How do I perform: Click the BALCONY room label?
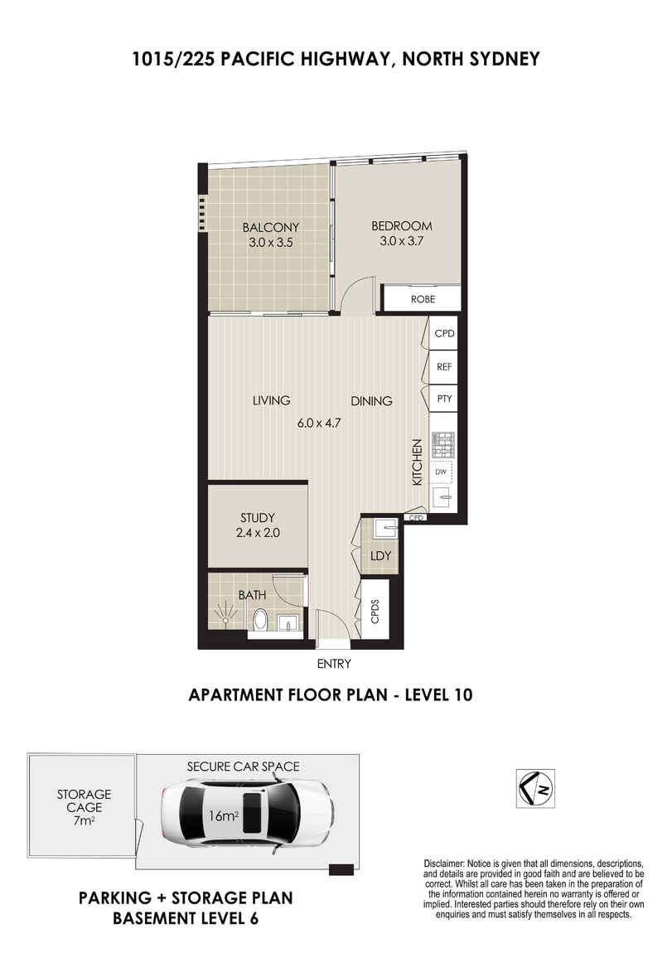click(x=271, y=227)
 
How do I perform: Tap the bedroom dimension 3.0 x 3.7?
click(x=402, y=240)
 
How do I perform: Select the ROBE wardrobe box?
click(x=423, y=299)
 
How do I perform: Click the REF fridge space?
click(x=444, y=367)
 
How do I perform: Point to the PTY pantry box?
click(x=444, y=399)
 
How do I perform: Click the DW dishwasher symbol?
click(x=441, y=472)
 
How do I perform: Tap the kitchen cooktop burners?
click(x=443, y=444)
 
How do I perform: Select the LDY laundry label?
click(x=381, y=555)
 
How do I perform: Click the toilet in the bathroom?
click(x=259, y=619)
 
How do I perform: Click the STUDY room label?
click(x=258, y=518)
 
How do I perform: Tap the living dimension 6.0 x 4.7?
click(x=319, y=423)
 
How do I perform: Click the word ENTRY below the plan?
click(x=334, y=665)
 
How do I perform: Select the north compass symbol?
click(x=535, y=789)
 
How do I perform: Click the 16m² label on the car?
click(x=222, y=815)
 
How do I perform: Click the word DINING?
click(x=371, y=400)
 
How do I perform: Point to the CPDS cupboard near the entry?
click(x=375, y=610)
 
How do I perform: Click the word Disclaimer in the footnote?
click(x=443, y=864)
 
